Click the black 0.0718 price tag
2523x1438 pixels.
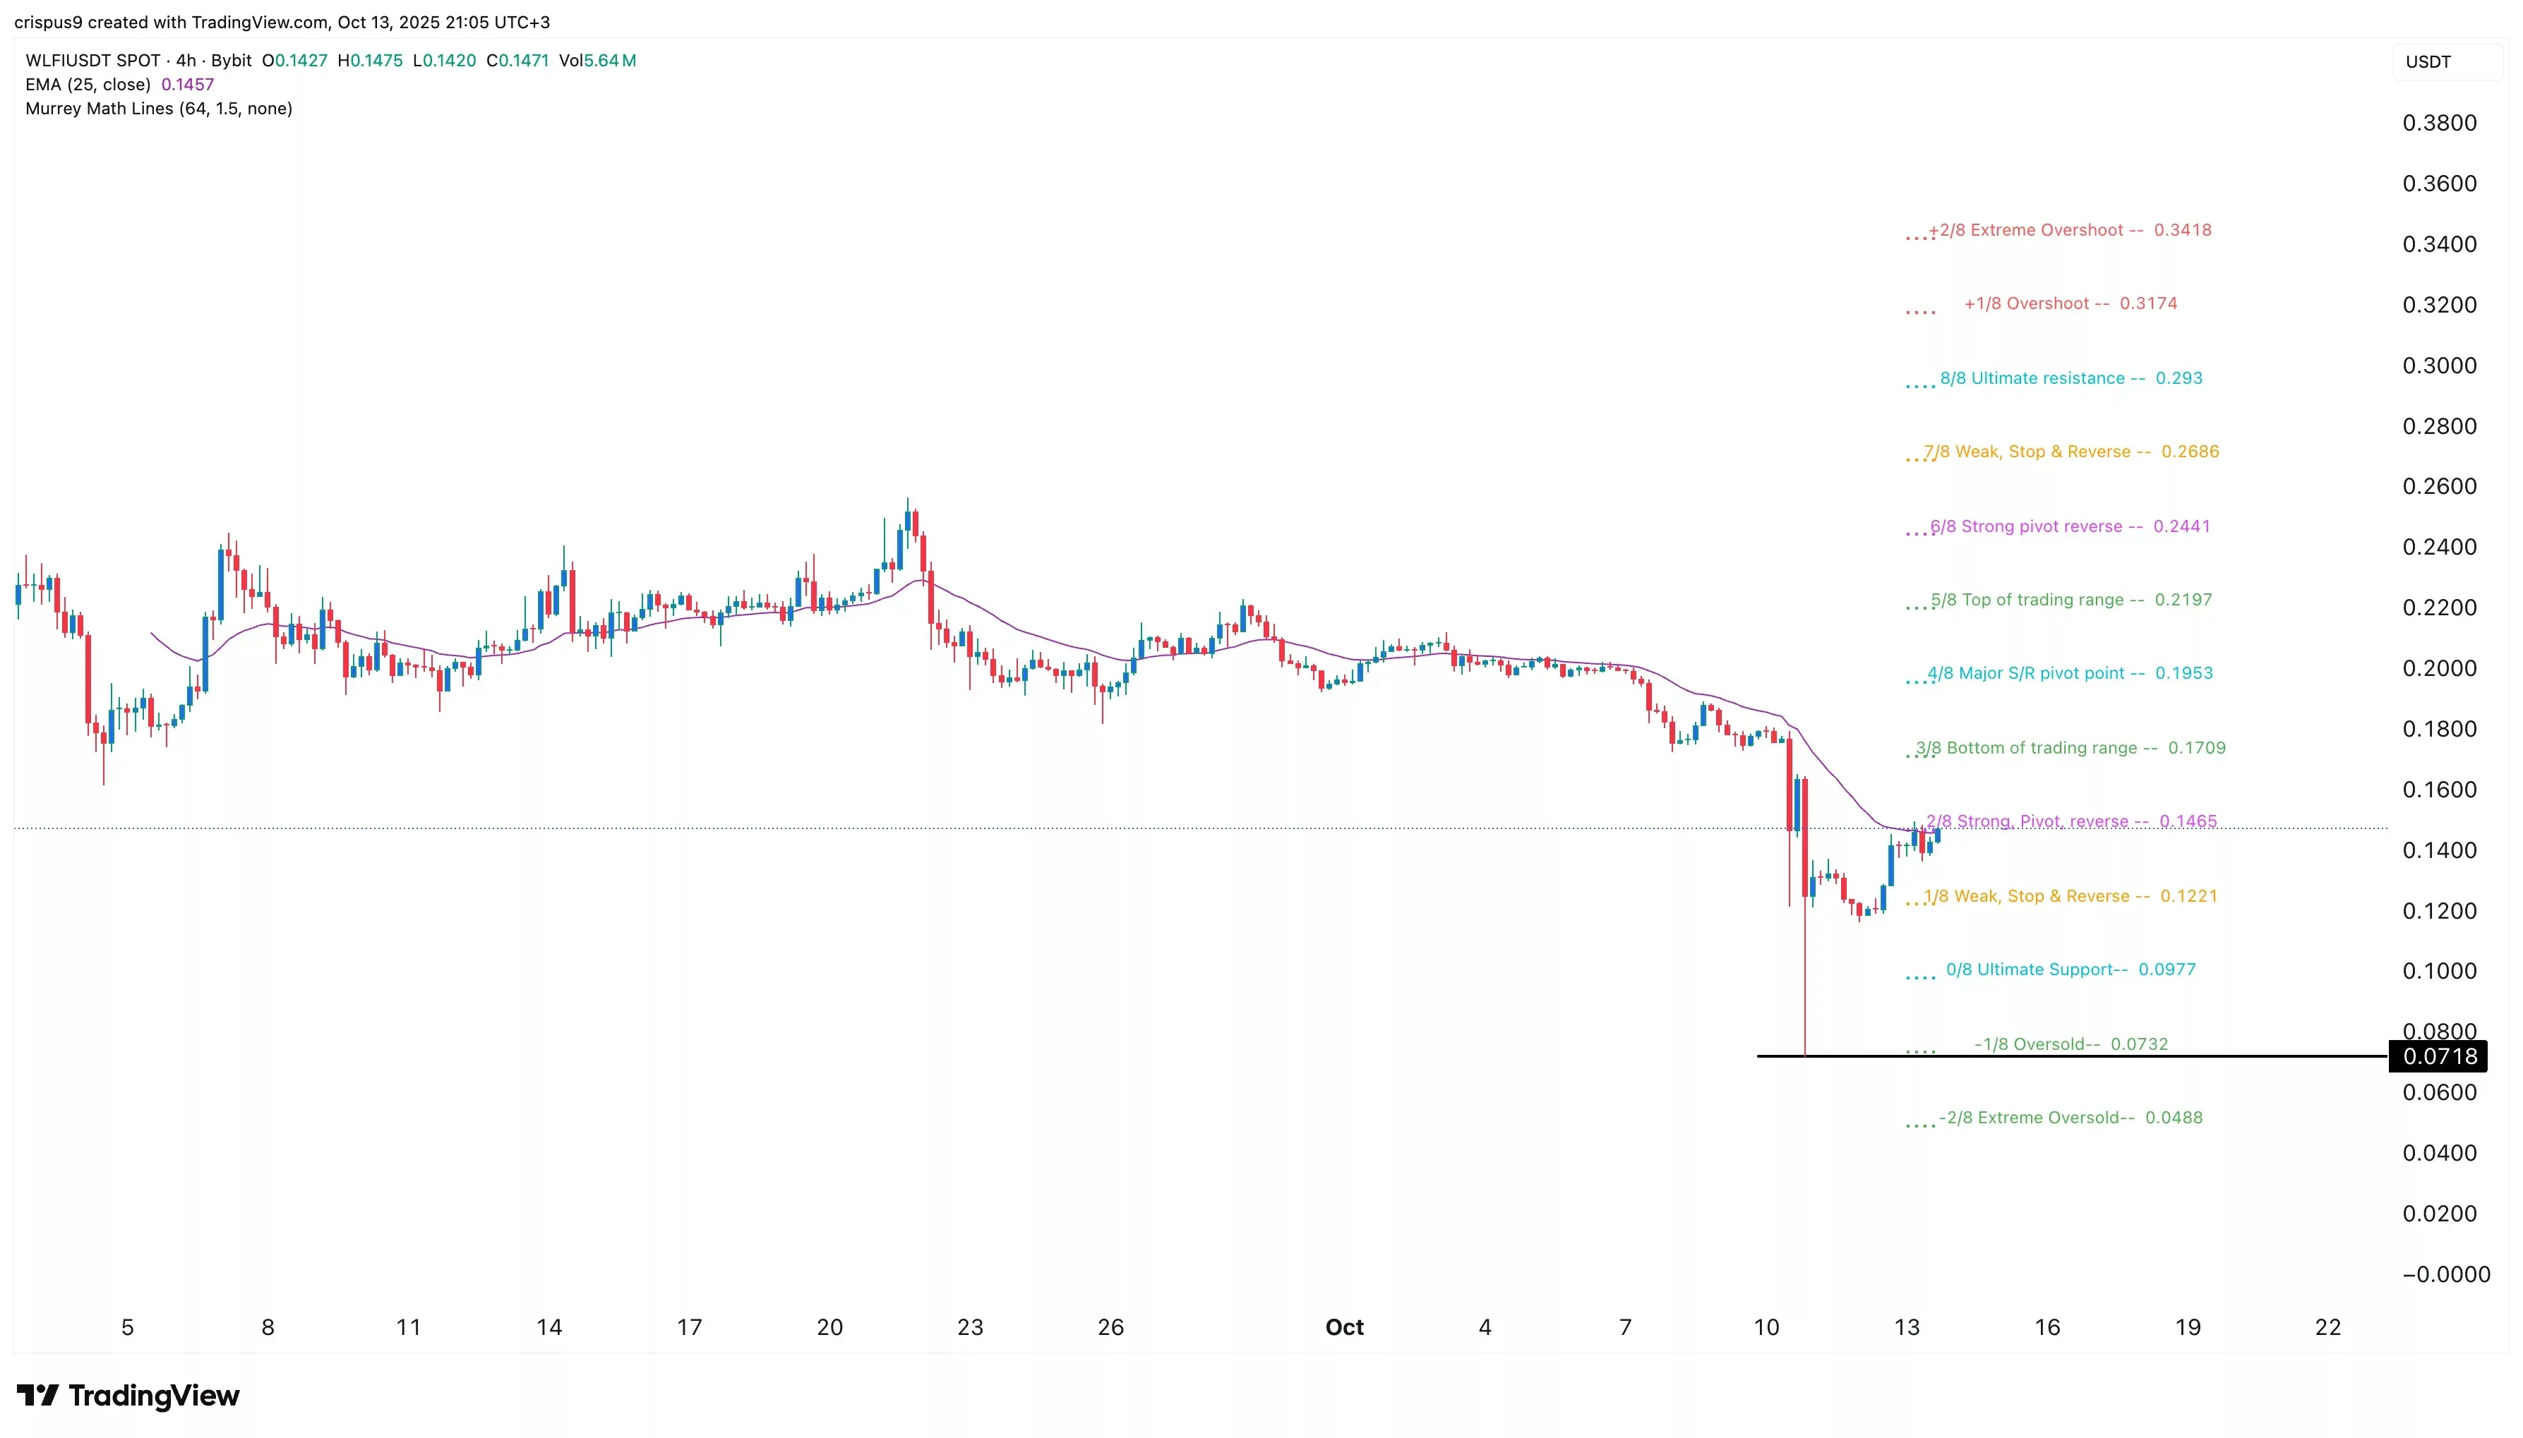[x=2438, y=1056]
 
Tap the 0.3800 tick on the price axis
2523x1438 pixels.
[x=2439, y=123]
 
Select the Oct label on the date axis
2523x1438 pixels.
[x=1343, y=1327]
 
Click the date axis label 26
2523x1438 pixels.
[x=1110, y=1327]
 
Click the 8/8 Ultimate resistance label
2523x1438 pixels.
[x=2070, y=378]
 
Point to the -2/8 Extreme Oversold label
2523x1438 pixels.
[x=2070, y=1118]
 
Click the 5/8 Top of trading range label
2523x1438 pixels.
[x=2070, y=600]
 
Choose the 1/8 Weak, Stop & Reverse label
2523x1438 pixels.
[x=2070, y=897]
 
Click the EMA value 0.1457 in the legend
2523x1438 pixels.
[x=188, y=85]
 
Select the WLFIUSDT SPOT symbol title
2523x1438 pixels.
[x=93, y=60]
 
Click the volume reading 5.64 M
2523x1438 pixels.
[x=609, y=60]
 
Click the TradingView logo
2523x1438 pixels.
[x=128, y=1396]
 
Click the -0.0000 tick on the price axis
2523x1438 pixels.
[x=2445, y=1275]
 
